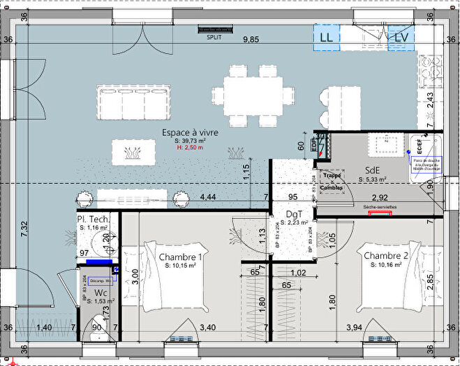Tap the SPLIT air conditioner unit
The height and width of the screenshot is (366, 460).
click(214, 30)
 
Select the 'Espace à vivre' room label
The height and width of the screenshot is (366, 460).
click(190, 132)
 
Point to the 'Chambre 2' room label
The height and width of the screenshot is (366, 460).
click(385, 257)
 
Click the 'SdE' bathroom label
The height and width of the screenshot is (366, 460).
click(373, 171)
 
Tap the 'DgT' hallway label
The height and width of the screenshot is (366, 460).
click(294, 214)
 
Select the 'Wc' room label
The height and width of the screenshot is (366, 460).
click(101, 292)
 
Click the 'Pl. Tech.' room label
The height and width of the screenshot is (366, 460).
click(93, 220)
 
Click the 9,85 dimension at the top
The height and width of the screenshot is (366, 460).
click(251, 40)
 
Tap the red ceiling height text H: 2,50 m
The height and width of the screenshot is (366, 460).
click(191, 148)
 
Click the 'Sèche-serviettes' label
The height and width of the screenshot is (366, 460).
click(379, 208)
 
